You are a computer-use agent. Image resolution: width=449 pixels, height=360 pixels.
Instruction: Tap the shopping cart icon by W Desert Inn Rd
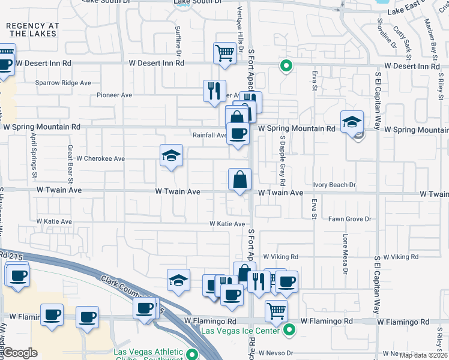(224, 52)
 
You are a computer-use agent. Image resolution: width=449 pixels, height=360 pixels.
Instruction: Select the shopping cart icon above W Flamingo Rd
(276, 310)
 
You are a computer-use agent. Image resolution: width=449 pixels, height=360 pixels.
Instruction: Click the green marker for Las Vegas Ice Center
(289, 329)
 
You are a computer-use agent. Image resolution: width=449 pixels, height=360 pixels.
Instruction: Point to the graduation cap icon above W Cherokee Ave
(172, 155)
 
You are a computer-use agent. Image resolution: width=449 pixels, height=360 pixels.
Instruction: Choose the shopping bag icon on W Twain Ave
(240, 179)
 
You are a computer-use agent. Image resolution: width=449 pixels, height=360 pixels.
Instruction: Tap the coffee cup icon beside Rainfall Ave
(238, 134)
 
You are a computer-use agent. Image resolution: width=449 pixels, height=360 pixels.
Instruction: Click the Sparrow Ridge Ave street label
(63, 83)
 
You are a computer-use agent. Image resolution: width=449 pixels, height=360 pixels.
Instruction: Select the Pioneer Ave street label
(114, 95)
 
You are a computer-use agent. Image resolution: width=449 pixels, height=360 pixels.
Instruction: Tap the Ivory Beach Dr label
(334, 185)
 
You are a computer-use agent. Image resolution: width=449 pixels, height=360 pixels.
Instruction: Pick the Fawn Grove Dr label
(350, 219)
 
